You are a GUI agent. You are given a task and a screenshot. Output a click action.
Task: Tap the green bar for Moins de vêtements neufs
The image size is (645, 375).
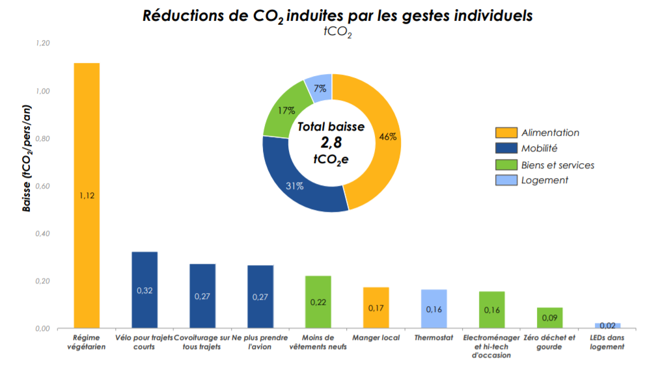[x=318, y=302]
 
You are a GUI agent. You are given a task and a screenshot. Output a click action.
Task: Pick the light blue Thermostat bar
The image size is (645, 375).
[x=433, y=309]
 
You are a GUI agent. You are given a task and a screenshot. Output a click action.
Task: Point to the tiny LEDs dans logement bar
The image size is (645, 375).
[x=607, y=325]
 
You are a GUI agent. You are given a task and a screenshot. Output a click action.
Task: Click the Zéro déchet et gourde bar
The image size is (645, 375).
[x=549, y=318]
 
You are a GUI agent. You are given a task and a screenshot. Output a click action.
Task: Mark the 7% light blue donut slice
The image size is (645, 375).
[x=320, y=90]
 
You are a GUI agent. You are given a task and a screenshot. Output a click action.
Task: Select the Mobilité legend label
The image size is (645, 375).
[x=539, y=149]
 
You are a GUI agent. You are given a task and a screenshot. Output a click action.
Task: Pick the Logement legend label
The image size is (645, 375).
[x=545, y=180]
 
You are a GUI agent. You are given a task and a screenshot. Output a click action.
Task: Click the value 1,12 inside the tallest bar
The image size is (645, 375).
[x=87, y=196]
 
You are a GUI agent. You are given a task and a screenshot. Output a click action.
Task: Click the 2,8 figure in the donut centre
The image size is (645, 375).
[x=331, y=143]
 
